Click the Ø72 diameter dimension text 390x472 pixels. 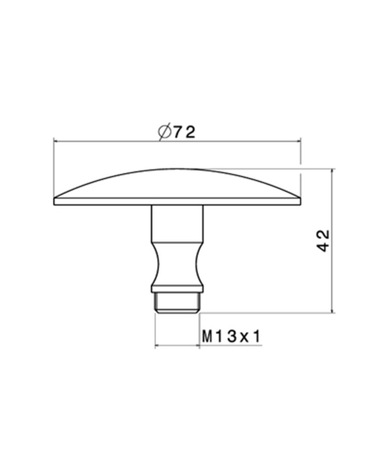176,133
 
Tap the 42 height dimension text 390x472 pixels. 323,241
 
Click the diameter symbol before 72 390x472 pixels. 164,133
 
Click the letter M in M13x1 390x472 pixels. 207,337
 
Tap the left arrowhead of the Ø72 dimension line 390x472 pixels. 56,141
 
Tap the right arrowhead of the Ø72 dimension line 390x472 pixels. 298,141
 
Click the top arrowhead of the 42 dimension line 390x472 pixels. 332,172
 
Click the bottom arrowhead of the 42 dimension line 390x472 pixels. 332,310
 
